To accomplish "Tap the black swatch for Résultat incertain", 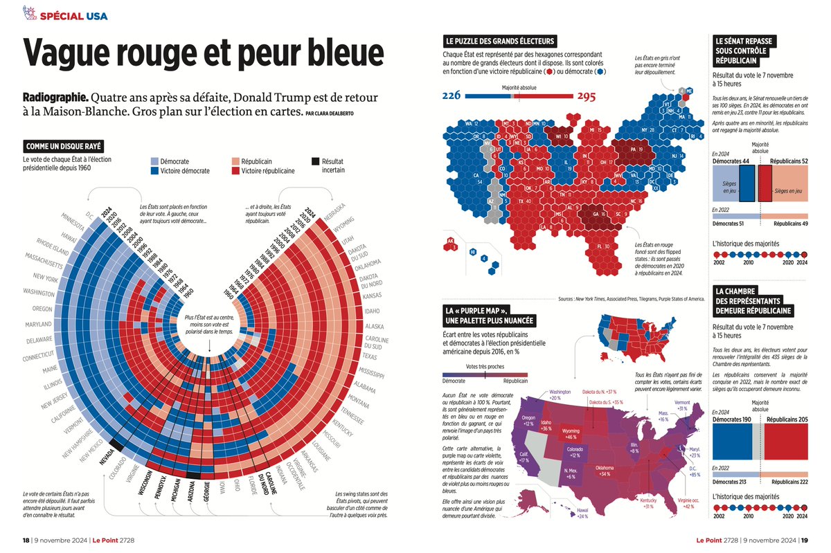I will (x=315, y=161).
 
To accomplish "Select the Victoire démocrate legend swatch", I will (x=154, y=170).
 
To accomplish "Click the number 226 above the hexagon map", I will (x=453, y=96).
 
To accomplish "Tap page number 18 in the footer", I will (x=26, y=540).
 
